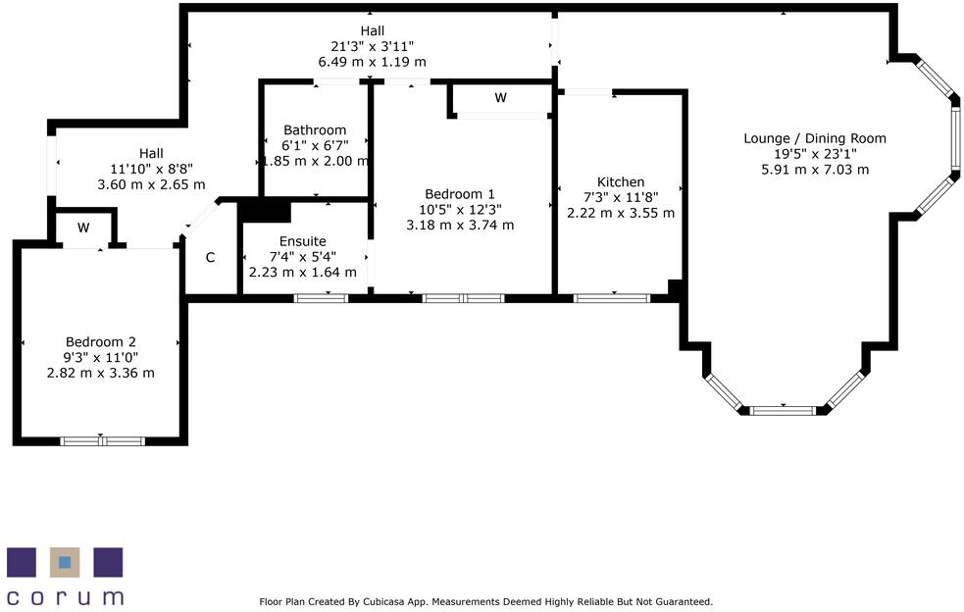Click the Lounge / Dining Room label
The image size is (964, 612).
(x=814, y=138)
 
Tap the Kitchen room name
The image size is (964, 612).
(x=621, y=182)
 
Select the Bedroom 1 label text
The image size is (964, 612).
(x=460, y=194)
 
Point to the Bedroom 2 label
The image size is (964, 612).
(x=101, y=342)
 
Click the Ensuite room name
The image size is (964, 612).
(x=302, y=241)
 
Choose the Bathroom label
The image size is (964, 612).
(x=315, y=130)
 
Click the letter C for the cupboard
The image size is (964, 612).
(x=210, y=258)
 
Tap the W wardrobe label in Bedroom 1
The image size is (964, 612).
(x=500, y=98)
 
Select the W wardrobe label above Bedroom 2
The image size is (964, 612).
(x=83, y=228)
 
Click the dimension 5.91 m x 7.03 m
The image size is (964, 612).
(x=814, y=169)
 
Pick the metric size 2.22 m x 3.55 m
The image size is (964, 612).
(x=621, y=213)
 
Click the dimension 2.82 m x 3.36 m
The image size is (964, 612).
(x=101, y=373)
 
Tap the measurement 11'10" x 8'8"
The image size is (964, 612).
(x=151, y=169)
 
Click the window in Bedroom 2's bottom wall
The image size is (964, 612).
(x=103, y=441)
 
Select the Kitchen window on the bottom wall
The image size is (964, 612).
(x=611, y=297)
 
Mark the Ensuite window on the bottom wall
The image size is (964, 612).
(x=321, y=297)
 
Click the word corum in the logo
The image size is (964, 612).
(x=65, y=596)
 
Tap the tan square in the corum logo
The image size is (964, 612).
(x=65, y=562)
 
